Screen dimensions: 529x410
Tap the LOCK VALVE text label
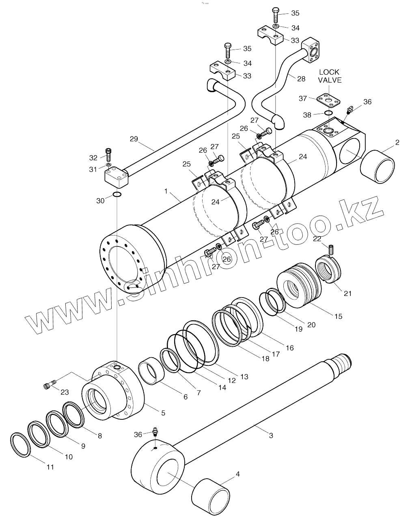[330, 76]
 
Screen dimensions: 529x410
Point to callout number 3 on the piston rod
[271, 436]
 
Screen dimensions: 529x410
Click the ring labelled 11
[21, 445]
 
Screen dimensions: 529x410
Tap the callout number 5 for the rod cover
[163, 413]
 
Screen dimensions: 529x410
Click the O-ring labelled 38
[328, 113]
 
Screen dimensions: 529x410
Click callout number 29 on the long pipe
[134, 139]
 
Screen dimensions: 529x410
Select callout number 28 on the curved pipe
[301, 79]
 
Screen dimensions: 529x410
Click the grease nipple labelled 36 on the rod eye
[155, 432]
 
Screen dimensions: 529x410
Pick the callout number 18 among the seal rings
[265, 358]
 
